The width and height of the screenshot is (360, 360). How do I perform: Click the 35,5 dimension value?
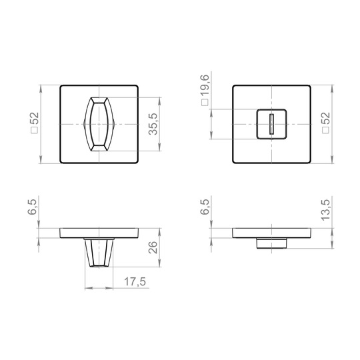[x=153, y=124]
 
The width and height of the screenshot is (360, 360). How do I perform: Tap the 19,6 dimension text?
[x=205, y=85]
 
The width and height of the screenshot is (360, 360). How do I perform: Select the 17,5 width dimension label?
[x=135, y=282]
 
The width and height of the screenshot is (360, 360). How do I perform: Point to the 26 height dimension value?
[x=153, y=247]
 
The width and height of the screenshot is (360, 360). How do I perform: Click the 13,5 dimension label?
[x=325, y=210]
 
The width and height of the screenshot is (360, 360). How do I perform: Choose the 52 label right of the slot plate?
[x=326, y=119]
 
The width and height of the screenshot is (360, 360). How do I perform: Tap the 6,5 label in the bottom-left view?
[x=32, y=207]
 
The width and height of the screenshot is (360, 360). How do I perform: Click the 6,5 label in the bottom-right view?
[x=205, y=207]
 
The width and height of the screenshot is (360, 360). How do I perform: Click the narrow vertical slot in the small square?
[x=271, y=124]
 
